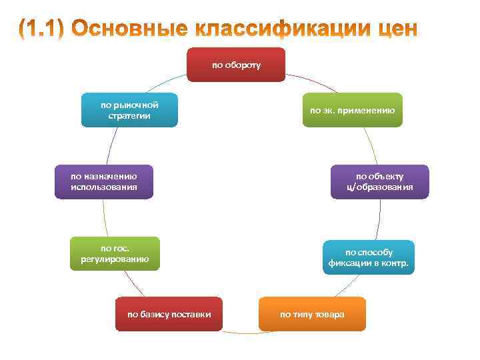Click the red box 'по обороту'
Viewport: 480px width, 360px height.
(236, 65)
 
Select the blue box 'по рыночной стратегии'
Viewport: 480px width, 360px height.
(129, 110)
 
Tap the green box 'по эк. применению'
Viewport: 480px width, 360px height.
(353, 110)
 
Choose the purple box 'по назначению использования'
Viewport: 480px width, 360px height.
(104, 181)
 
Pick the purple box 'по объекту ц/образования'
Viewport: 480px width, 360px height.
(379, 181)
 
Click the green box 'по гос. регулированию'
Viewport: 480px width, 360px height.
(115, 253)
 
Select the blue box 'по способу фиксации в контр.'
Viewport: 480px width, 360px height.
(369, 257)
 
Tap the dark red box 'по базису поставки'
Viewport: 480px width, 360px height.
(169, 314)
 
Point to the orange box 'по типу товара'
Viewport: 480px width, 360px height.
(312, 314)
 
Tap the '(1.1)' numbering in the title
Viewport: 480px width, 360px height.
(41, 29)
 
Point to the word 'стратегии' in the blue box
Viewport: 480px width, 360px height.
(129, 116)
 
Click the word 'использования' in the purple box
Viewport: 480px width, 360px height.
(104, 187)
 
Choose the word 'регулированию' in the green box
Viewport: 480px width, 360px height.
(115, 259)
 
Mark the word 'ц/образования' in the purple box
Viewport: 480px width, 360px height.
(379, 187)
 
